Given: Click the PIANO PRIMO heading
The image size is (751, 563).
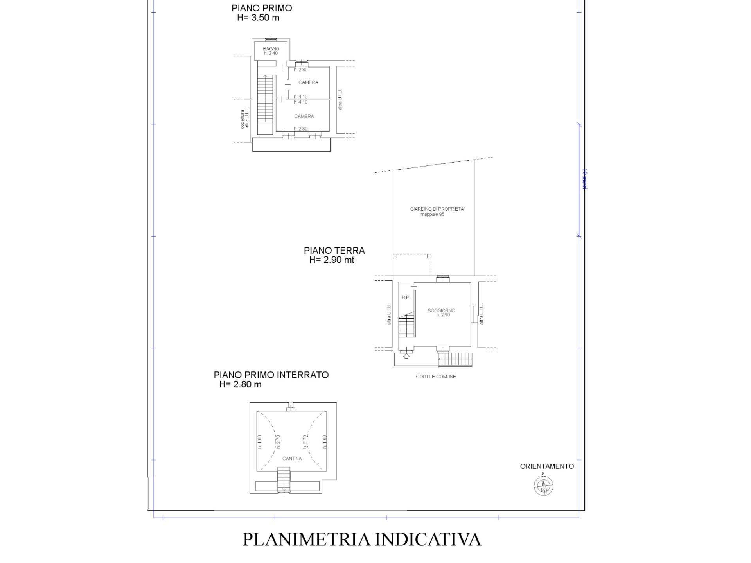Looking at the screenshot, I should pos(262,8).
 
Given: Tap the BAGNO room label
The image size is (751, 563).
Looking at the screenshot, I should pos(271,49).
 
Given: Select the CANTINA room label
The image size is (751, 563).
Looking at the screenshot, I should pos(292,458).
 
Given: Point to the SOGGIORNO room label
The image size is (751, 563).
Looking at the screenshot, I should pos(441,311).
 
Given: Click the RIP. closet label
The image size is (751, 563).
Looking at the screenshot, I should pos(406,298).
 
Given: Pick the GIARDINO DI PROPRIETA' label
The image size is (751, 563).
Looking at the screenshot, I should pos(437,209).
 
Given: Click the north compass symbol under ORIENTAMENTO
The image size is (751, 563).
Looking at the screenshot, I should pos(543,486).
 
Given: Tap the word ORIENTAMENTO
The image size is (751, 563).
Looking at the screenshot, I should pos(547,466).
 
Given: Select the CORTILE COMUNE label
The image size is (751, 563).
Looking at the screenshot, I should pos(436,377).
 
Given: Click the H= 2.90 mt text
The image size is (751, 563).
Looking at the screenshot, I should pos(332,260).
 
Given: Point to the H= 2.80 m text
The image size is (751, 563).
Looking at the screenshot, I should pos(240,384).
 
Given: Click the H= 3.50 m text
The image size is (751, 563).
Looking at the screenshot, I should pos(258,18).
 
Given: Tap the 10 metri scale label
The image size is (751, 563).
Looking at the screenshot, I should pos(585,179).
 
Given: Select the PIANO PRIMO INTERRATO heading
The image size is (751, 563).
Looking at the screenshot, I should pos(271,375).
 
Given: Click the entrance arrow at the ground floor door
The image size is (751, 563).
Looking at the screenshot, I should pos(406,356).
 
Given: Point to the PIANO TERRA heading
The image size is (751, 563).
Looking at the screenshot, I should pos(334,251).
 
